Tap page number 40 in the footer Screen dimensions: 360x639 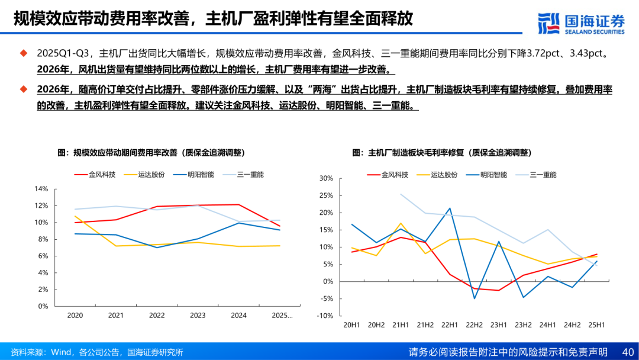pyautogui.click(x=628, y=352)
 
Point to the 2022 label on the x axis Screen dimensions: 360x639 pyautogui.click(x=157, y=316)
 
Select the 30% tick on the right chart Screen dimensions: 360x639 pyautogui.click(x=327, y=178)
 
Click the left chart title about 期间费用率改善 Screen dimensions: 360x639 pyautogui.click(x=151, y=152)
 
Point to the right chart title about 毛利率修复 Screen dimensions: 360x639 pyautogui.click(x=442, y=152)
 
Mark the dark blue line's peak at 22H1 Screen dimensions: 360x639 pyautogui.click(x=450, y=208)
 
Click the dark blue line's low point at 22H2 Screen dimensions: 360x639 pyautogui.click(x=475, y=298)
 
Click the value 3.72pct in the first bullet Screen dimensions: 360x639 pyautogui.click(x=546, y=53)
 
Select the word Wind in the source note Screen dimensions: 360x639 pyautogui.click(x=60, y=352)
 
